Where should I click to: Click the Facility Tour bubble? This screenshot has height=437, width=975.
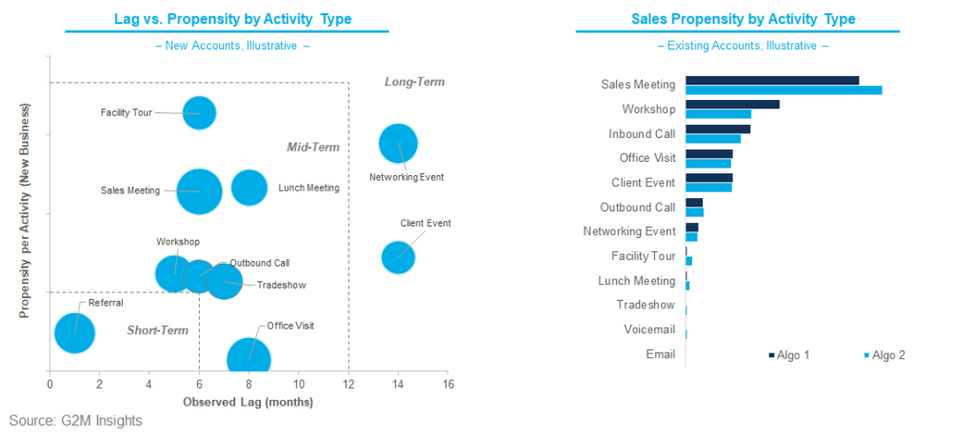click(198, 112)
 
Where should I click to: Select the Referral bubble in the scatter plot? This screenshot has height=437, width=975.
click(74, 332)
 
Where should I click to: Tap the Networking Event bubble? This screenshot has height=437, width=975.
click(398, 144)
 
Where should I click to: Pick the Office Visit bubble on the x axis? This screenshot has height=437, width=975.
click(249, 359)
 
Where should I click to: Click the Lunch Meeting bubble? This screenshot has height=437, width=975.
click(249, 187)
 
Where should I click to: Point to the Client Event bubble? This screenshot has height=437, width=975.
click(398, 256)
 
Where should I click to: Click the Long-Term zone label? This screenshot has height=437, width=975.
click(414, 82)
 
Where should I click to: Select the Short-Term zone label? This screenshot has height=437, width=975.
click(157, 330)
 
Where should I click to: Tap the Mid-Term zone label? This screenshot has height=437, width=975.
click(313, 148)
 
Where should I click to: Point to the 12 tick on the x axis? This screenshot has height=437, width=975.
click(348, 385)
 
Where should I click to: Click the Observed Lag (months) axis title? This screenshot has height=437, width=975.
click(248, 403)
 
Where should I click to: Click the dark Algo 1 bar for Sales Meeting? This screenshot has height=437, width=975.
click(771, 80)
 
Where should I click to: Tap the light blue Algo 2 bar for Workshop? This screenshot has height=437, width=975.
click(718, 114)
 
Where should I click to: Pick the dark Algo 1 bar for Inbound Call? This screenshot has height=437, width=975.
click(717, 129)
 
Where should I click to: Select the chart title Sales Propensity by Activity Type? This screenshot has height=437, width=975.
click(743, 19)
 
